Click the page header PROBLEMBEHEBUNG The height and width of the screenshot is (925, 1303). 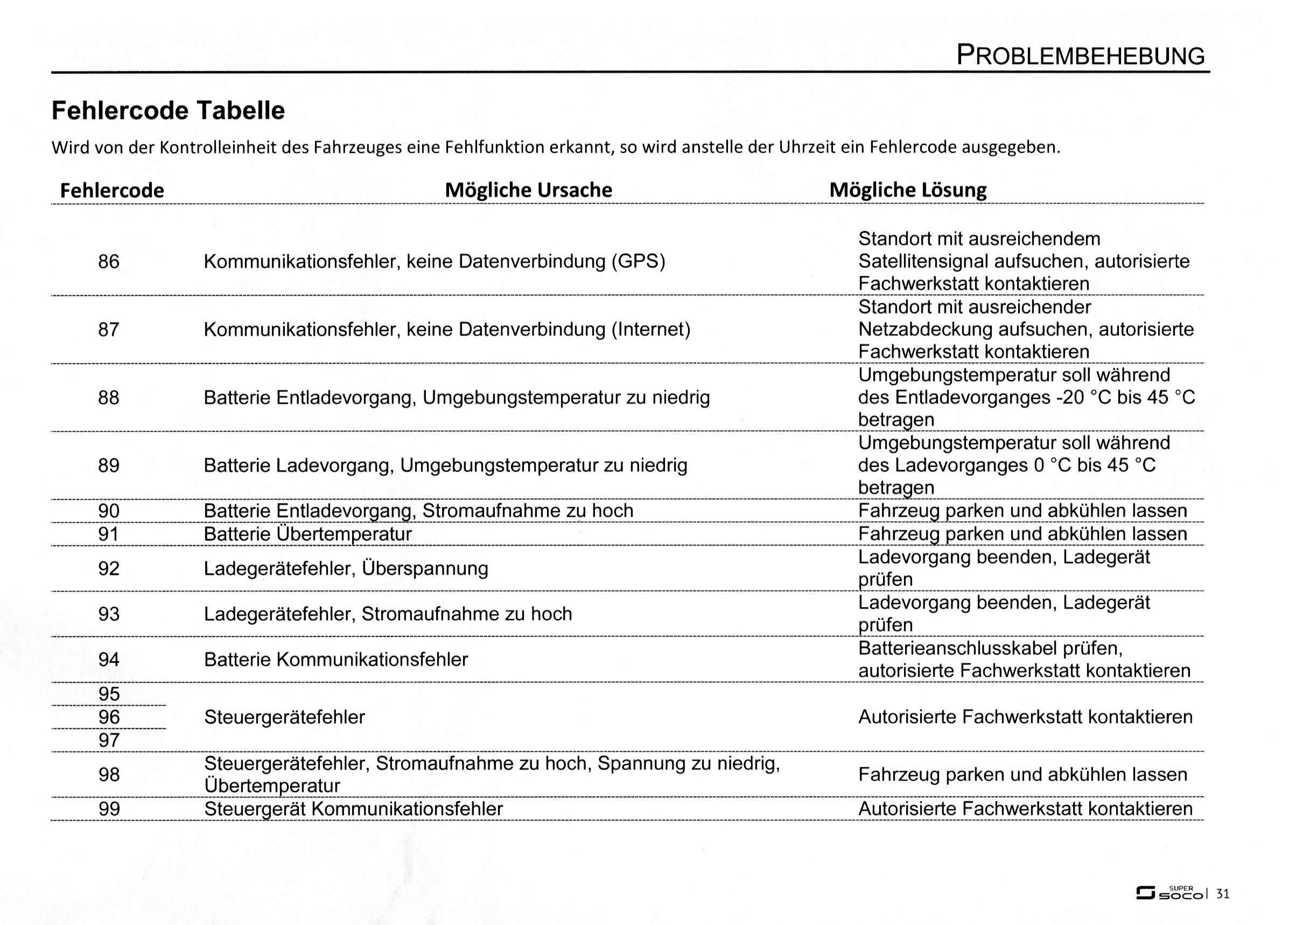(x=1080, y=55)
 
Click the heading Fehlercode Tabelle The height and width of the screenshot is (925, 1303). (x=168, y=110)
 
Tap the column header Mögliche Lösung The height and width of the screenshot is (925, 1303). (x=908, y=190)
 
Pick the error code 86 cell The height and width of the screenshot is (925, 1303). (x=109, y=262)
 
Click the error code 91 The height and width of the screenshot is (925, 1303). (x=109, y=534)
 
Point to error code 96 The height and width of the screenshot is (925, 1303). (x=109, y=717)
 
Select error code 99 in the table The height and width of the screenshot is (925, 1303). (x=109, y=809)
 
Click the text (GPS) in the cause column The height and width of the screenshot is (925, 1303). (x=639, y=262)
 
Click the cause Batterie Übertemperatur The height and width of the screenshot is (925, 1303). (x=307, y=534)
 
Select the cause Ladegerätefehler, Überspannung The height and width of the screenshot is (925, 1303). (x=346, y=569)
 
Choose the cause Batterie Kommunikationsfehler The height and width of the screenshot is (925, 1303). (x=335, y=660)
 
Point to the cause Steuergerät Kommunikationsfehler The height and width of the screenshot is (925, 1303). (x=353, y=809)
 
